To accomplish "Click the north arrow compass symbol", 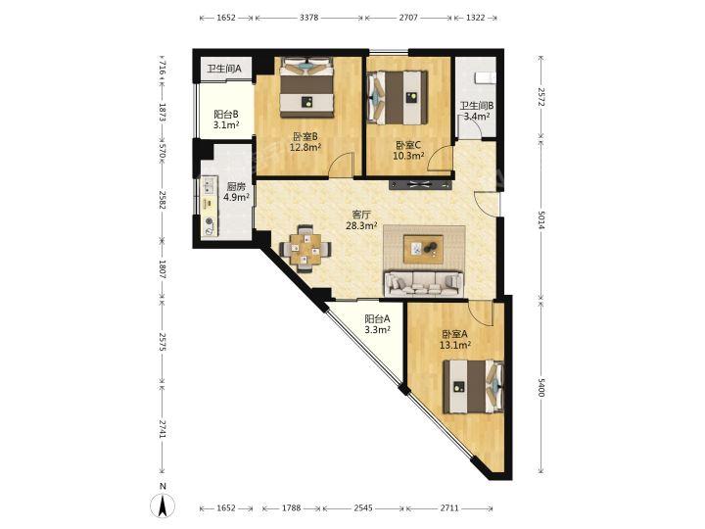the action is pos(163,502).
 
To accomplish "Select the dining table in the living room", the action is pos(305,249).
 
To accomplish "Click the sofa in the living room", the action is pos(424,284).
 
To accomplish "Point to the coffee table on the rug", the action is pos(423,249).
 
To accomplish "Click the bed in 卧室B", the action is pos(307,87).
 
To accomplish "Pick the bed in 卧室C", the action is pos(398,98).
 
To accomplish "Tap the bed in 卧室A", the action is pos(473,386).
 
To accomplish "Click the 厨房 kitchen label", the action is pos(236,186).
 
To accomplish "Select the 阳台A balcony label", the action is pos(377,319).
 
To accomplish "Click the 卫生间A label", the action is pos(224,69).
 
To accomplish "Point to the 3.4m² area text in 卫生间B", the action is pos(476,117).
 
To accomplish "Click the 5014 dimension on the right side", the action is pos(540,220).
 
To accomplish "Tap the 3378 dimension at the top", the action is pos(308,18).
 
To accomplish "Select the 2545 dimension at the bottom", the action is pos(363,507).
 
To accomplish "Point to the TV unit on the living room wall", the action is pos(419,184).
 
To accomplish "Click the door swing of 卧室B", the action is pos(342,165).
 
